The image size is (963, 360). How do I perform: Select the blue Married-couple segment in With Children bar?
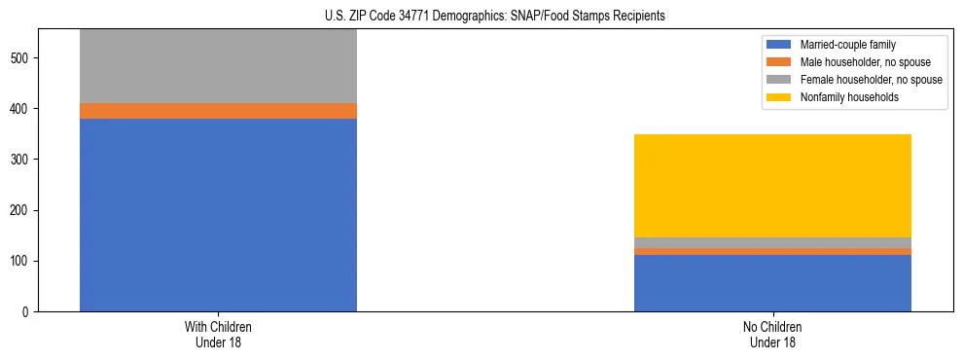click(218, 215)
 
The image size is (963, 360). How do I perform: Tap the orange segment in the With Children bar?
click(218, 111)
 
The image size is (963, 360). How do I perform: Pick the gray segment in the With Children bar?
click(218, 66)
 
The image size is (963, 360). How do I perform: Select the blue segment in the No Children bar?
click(772, 283)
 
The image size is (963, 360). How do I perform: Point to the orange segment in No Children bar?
click(772, 251)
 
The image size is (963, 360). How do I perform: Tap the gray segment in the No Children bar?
click(772, 242)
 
